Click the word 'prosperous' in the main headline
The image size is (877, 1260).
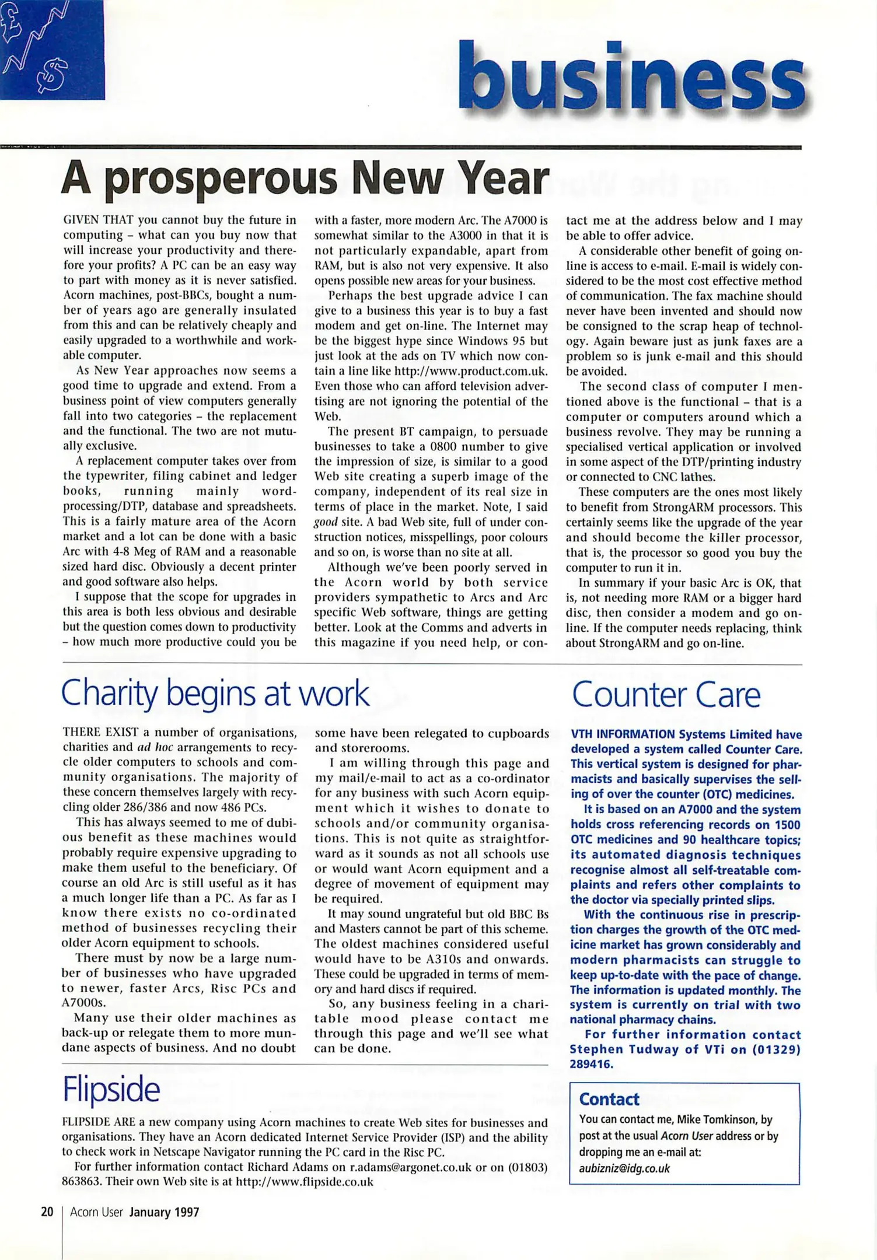[x=222, y=179]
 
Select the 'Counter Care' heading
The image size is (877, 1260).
[x=666, y=694]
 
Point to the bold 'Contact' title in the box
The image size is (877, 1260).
[x=609, y=1100]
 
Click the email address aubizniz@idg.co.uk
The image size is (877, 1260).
[x=624, y=1168]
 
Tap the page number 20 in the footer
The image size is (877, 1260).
[x=47, y=1212]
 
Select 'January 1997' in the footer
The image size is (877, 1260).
[x=164, y=1212]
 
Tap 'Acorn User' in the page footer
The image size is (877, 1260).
[x=96, y=1212]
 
